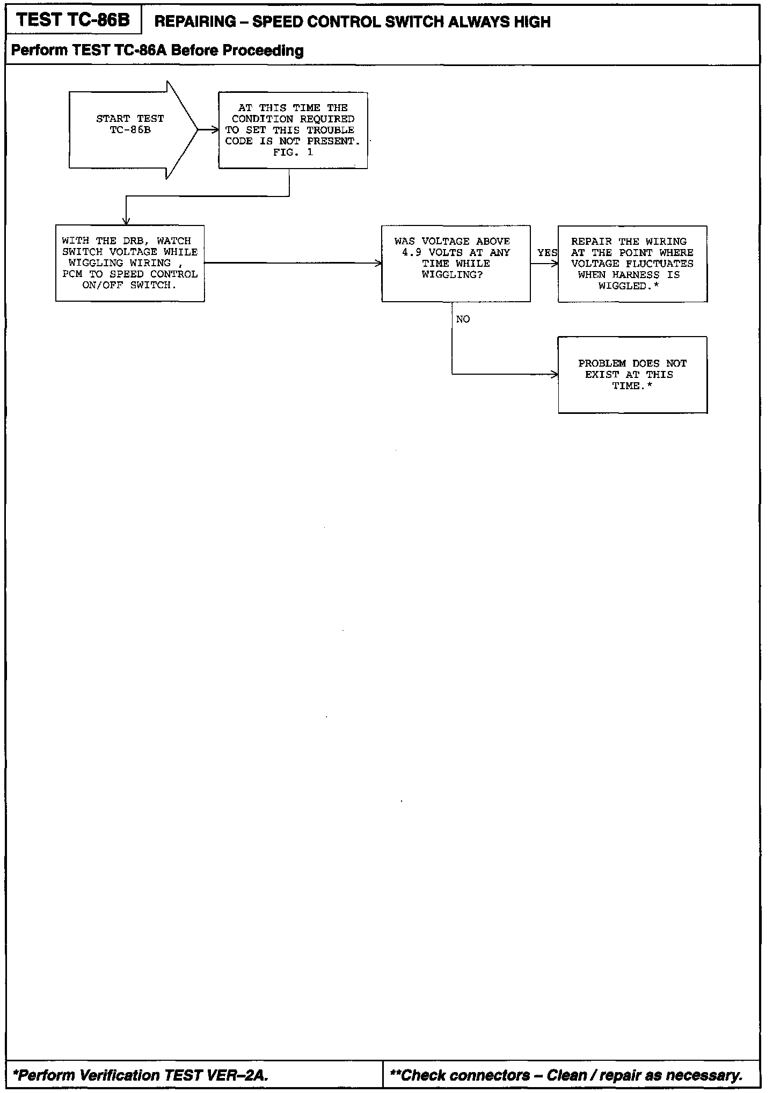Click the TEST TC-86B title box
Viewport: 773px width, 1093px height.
[74, 20]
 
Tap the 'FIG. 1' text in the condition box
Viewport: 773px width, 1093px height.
[293, 152]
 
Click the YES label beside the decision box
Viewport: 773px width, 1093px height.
[546, 253]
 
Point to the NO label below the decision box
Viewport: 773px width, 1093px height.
[463, 319]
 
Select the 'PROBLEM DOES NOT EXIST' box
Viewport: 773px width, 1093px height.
[632, 375]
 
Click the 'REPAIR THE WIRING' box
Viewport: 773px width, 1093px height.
[632, 264]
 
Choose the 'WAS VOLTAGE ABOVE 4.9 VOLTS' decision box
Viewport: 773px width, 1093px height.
[456, 264]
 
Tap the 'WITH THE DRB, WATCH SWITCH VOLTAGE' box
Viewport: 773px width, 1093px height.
[130, 263]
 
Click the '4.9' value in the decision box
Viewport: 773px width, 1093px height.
[412, 252]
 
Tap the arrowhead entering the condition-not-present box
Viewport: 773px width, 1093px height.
[215, 130]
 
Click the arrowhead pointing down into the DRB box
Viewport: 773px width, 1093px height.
[126, 221]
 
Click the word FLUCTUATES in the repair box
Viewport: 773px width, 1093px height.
[659, 264]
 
